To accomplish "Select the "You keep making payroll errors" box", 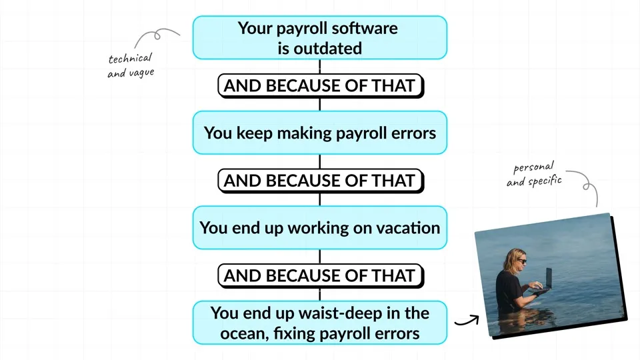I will click(x=319, y=133).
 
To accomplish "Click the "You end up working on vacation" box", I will click(x=319, y=227).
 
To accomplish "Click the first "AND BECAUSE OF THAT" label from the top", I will click(x=319, y=85).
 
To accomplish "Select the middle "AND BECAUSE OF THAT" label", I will click(x=319, y=180).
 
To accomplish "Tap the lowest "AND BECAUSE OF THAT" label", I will click(x=319, y=275).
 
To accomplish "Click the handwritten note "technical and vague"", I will click(x=130, y=65).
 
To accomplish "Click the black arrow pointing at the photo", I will click(x=467, y=321).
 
